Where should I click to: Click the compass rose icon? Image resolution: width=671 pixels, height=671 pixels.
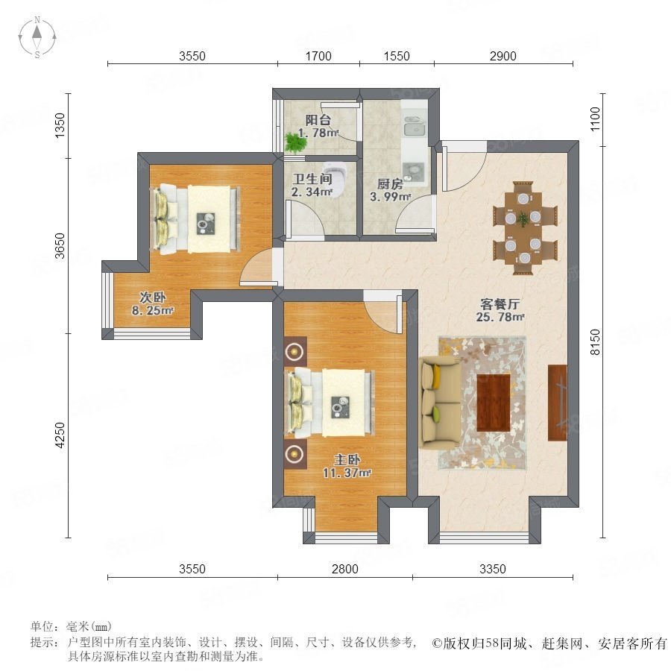37,37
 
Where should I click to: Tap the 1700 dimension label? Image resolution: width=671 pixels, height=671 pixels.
318,56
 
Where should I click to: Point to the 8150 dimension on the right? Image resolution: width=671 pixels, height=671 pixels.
595,342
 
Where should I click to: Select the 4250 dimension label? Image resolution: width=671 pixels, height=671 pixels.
60,435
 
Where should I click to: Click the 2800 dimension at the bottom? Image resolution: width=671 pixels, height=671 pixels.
345,569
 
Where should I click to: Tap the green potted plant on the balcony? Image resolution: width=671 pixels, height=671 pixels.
294,142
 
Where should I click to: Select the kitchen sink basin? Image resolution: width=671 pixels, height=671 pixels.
414,128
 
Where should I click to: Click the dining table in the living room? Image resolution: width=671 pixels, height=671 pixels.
523,228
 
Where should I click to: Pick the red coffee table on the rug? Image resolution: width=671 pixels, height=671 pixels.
494,403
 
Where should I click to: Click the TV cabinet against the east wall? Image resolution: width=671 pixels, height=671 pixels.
558,403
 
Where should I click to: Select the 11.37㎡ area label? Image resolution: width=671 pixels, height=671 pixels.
347,473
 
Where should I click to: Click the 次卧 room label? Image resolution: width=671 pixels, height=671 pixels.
153,297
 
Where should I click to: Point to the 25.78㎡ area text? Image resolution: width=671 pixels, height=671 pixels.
500,317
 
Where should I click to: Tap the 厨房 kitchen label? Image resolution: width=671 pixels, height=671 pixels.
390,184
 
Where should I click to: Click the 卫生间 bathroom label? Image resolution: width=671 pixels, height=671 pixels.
312,179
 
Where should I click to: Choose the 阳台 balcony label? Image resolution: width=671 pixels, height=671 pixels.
318,120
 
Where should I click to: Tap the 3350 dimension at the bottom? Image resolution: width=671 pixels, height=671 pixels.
493,569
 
